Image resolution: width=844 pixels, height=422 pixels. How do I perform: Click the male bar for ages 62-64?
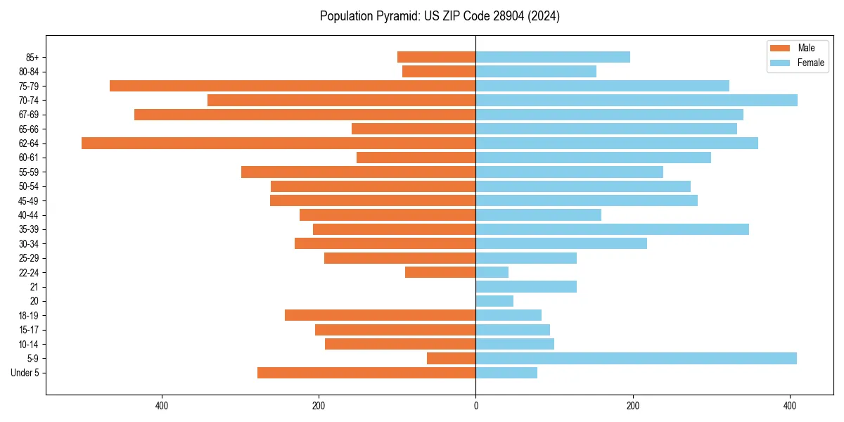pyautogui.click(x=279, y=143)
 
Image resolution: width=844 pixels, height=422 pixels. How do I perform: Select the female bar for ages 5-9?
pyautogui.click(x=636, y=359)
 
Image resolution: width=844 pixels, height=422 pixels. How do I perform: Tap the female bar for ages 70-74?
pyautogui.click(x=637, y=101)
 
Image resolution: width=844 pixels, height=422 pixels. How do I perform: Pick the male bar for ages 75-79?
pyautogui.click(x=293, y=86)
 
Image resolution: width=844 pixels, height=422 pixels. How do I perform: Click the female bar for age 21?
pyautogui.click(x=526, y=287)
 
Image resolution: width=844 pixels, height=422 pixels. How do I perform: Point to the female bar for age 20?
pyautogui.click(x=494, y=301)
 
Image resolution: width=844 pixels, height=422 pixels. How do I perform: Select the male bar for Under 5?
pyautogui.click(x=366, y=373)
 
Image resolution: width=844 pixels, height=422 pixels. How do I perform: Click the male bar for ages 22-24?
pyautogui.click(x=440, y=272)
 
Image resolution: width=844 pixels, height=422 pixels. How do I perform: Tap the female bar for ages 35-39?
pyautogui.click(x=612, y=229)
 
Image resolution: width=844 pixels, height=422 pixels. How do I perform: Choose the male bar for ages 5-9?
pyautogui.click(x=451, y=359)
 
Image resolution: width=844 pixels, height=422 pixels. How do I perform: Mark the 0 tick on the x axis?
pyautogui.click(x=475, y=406)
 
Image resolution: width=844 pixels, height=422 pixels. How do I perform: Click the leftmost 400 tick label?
pyautogui.click(x=162, y=406)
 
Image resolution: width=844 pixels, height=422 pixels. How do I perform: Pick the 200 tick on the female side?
pyautogui.click(x=633, y=406)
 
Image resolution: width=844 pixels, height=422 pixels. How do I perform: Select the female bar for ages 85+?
pyautogui.click(x=553, y=58)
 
